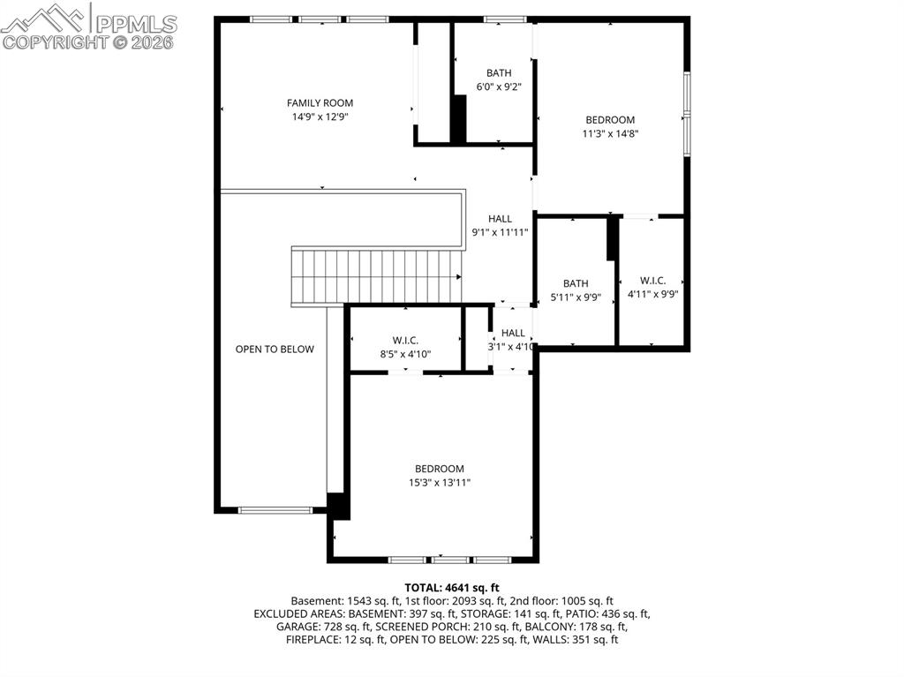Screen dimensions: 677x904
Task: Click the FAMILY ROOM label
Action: (320, 103)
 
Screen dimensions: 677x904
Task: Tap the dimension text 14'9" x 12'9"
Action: (320, 117)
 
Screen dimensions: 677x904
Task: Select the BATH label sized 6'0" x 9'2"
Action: (499, 73)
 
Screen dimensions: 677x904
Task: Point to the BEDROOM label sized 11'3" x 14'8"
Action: (610, 120)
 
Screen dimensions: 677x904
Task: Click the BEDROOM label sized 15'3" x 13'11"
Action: (440, 469)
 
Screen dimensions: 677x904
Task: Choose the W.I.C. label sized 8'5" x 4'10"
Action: (405, 341)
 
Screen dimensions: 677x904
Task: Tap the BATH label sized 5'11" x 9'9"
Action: (576, 283)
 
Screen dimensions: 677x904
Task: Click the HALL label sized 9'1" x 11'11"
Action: (500, 219)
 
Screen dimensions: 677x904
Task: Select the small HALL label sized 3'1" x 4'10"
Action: (513, 333)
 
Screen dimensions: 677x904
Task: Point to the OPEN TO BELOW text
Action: (275, 350)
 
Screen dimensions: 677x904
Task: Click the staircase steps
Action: (377, 275)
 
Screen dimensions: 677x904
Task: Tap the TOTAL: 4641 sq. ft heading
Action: (452, 587)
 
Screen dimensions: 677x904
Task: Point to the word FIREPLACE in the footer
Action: (313, 639)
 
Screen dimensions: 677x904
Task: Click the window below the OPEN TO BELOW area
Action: (275, 509)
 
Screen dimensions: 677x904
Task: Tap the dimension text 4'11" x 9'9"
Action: (652, 295)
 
